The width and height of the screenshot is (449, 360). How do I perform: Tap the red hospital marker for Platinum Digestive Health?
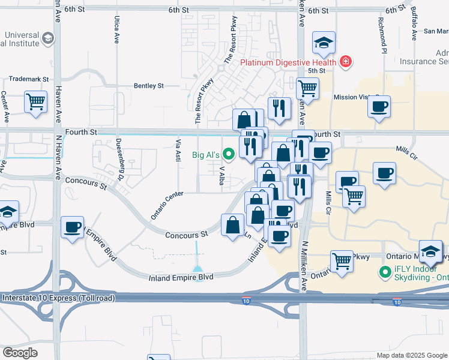(x=345, y=61)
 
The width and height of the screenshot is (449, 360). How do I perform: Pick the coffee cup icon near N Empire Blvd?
(x=73, y=227)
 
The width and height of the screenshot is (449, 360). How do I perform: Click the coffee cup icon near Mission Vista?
(x=379, y=107)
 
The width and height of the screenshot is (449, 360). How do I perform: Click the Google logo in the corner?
(x=20, y=353)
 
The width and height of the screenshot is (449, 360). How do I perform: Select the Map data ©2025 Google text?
(x=411, y=355)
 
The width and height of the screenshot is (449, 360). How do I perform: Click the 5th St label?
(x=316, y=71)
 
